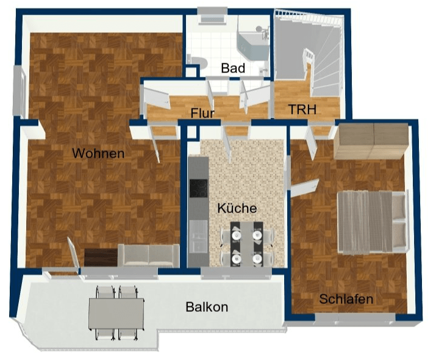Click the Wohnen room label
[98, 154]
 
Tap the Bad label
[233, 68]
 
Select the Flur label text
[202, 113]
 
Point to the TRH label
[302, 110]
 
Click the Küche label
[237, 208]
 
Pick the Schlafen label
[346, 299]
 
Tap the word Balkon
[207, 307]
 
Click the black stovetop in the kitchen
[199, 188]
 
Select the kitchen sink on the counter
[198, 236]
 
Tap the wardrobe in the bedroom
[371, 141]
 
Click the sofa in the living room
[149, 256]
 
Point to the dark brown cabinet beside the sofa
[101, 257]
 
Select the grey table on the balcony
[116, 313]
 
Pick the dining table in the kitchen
[246, 244]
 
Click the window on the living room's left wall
[20, 91]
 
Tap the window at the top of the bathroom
[212, 16]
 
